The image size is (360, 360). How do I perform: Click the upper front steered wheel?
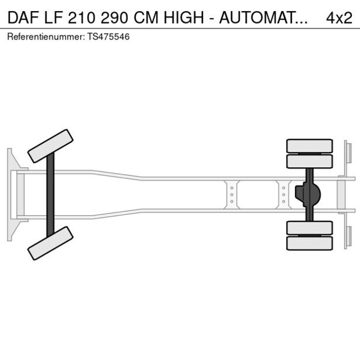point(51,146)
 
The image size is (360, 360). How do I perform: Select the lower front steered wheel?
point(51,243)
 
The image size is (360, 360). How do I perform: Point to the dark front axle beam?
point(51,194)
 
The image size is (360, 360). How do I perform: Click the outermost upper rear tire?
point(309,145)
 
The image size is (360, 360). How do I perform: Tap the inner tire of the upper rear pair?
point(309,161)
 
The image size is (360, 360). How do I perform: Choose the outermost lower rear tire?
point(309,243)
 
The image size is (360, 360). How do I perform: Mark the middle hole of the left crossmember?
point(232,195)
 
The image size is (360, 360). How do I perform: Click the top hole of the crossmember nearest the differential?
point(283,188)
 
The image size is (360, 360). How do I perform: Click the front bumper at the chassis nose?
point(10,194)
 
